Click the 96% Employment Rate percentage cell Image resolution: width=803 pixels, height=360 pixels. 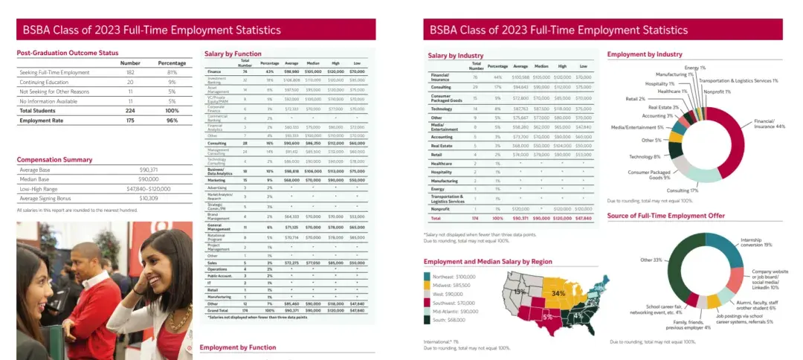tap(172, 120)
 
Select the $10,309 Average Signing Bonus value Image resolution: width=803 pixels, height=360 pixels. tap(149, 198)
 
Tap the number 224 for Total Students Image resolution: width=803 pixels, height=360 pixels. tap(130, 110)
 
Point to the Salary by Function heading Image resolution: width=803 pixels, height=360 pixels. tap(233, 54)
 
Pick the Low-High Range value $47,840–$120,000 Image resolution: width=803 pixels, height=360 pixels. tap(149, 189)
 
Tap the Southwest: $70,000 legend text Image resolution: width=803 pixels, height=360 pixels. tap(454, 303)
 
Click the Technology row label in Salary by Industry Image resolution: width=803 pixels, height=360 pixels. tap(442, 108)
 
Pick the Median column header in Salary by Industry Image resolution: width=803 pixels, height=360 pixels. tap(543, 66)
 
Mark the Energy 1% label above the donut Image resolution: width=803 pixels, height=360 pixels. tap(695, 68)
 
